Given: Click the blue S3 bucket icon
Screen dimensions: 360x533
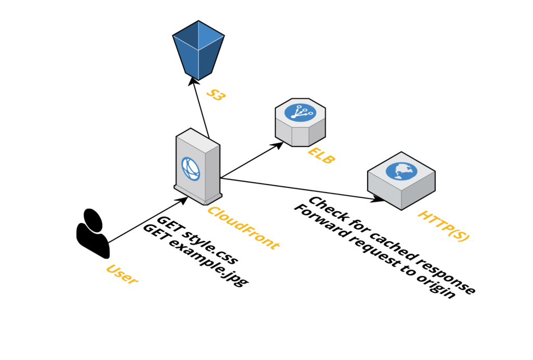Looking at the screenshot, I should click(198, 49).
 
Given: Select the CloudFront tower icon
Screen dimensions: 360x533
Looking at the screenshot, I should click(197, 166).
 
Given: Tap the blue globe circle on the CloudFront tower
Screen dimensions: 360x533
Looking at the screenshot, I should click(191, 168).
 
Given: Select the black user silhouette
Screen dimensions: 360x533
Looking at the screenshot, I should click(93, 233).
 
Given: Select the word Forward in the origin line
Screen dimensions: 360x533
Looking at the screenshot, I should click(318, 223).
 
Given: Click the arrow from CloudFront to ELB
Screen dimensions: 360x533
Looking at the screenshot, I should click(250, 161).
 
